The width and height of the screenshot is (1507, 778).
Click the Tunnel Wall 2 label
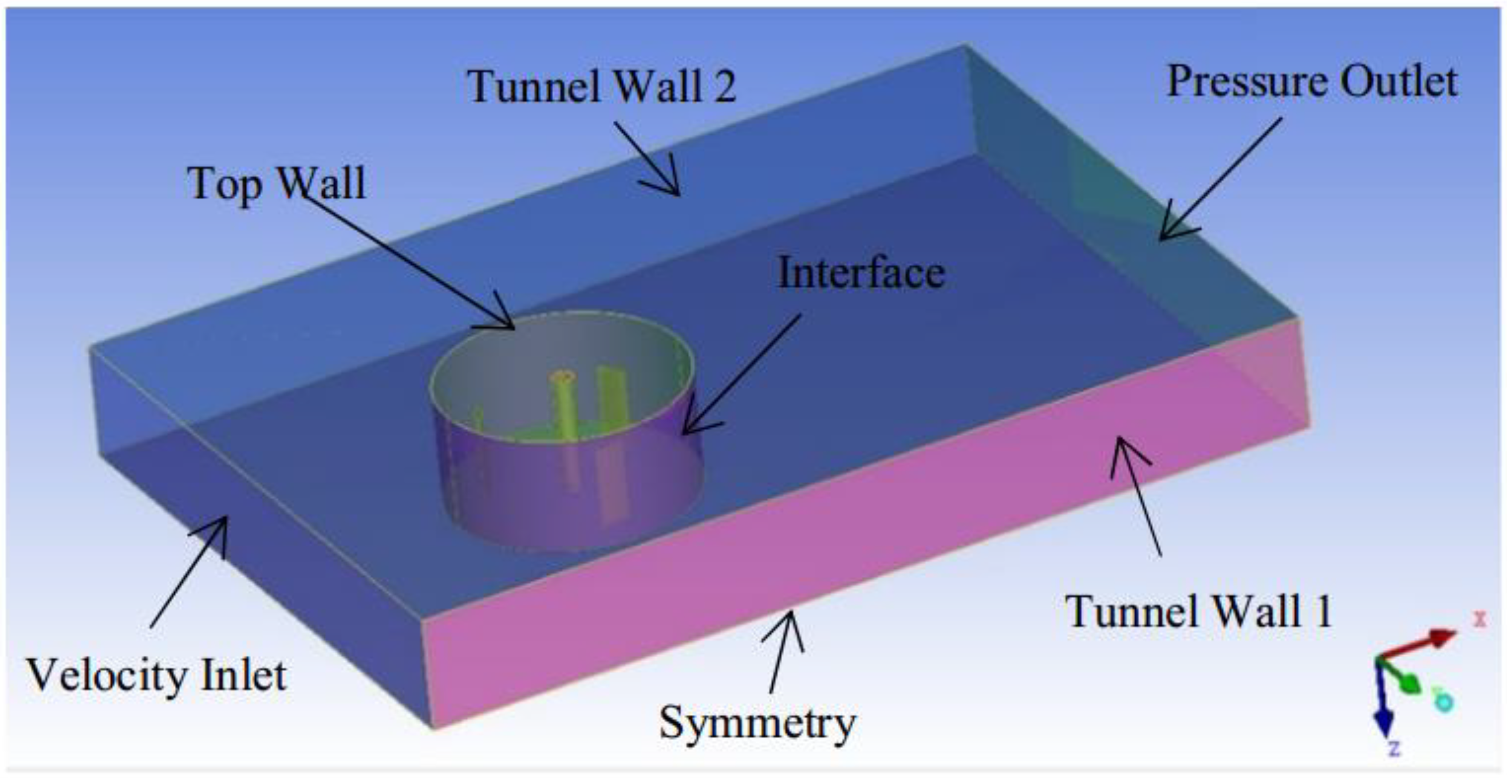click(601, 87)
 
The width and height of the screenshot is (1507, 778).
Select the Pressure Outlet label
click(1312, 82)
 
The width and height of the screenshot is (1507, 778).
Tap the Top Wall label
click(277, 183)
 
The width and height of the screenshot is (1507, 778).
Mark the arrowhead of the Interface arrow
click(687, 431)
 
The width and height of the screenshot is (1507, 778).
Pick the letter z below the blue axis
click(1394, 748)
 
